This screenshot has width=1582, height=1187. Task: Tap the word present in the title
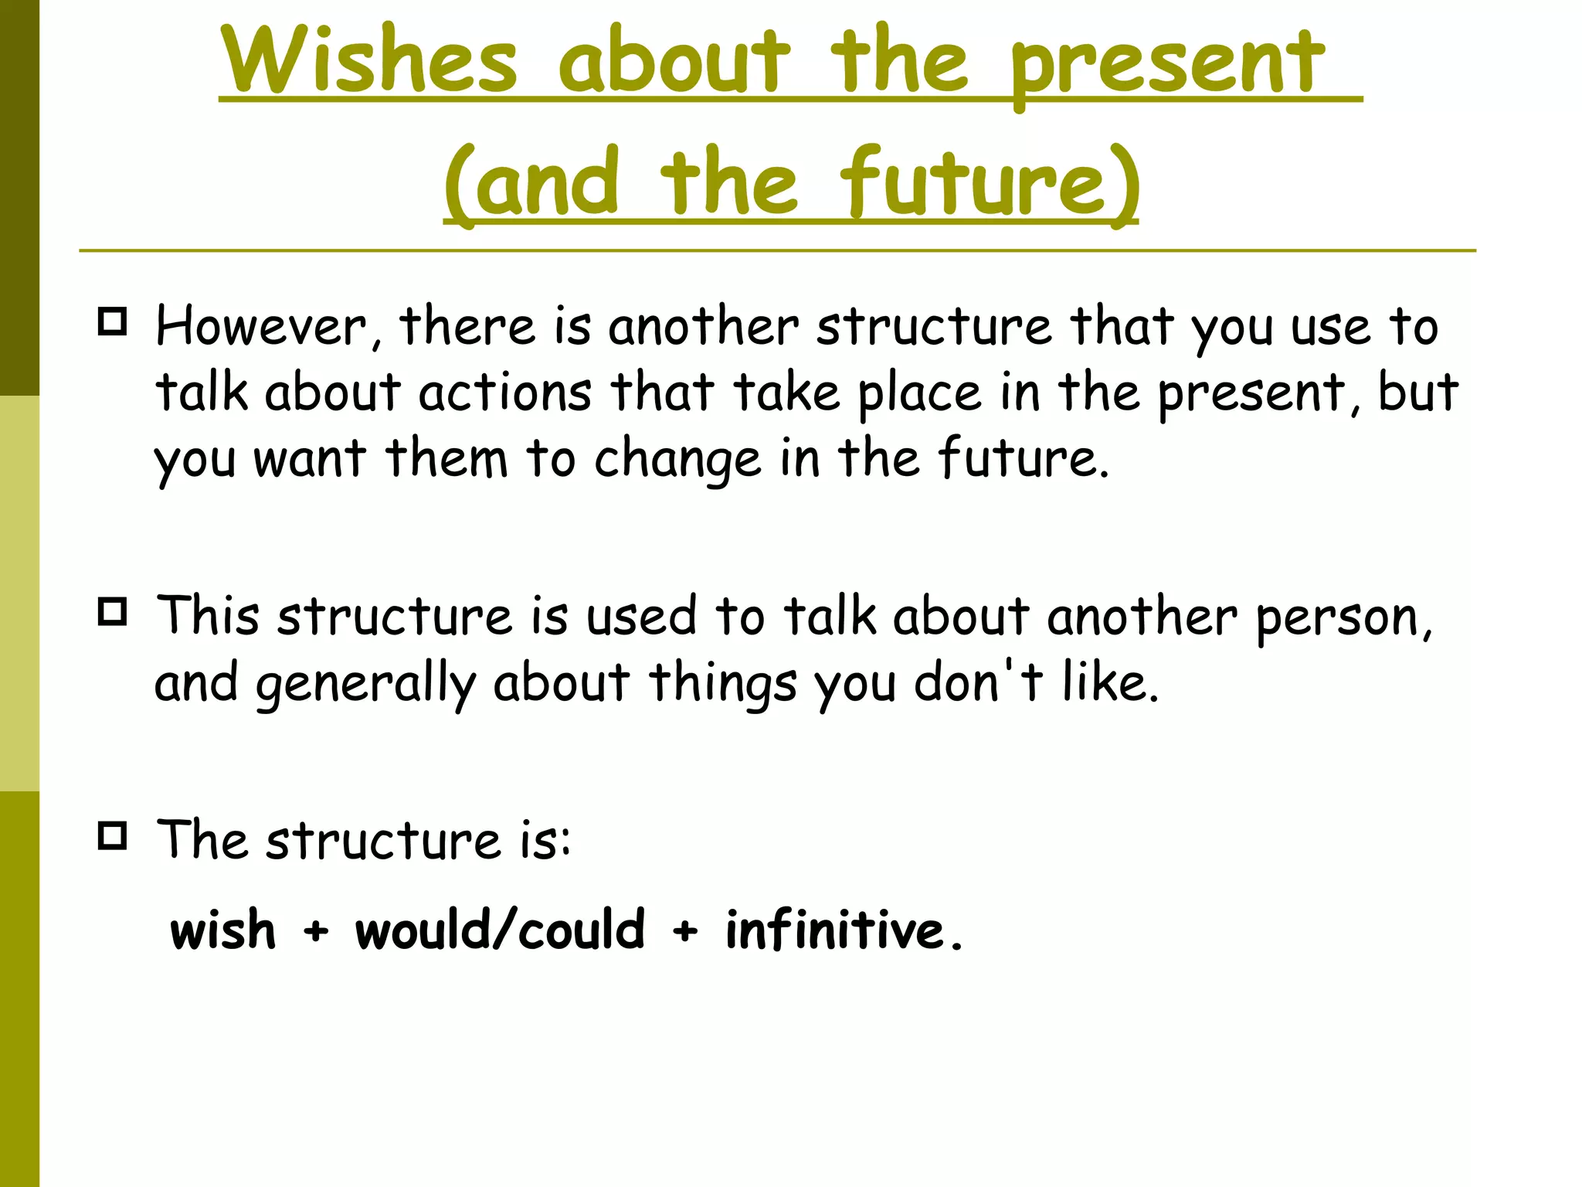[1167, 66]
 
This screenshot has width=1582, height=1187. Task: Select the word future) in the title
[990, 184]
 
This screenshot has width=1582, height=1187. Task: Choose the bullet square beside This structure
[113, 612]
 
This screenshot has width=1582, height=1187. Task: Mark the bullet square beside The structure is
[113, 835]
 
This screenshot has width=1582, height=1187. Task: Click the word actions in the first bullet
[505, 392]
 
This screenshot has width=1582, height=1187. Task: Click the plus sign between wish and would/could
[315, 930]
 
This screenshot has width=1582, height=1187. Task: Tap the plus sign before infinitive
[684, 930]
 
